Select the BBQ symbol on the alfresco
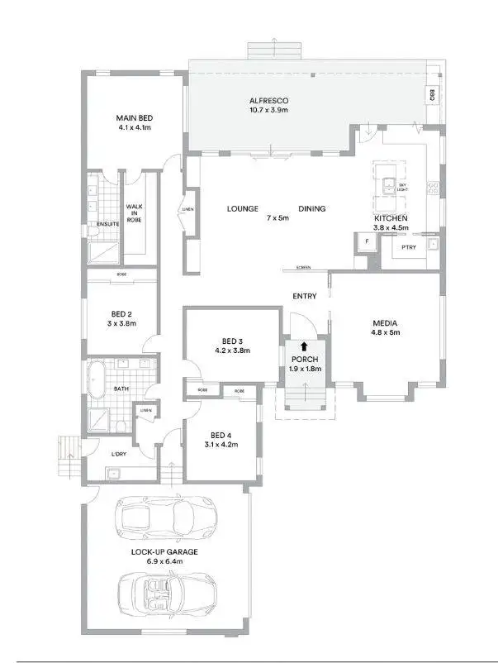pyautogui.click(x=432, y=95)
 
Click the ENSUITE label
pyautogui.click(x=108, y=224)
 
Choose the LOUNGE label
pyautogui.click(x=243, y=209)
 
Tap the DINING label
pyautogui.click(x=311, y=209)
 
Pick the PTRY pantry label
pyautogui.click(x=408, y=247)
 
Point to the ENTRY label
pyautogui.click(x=305, y=296)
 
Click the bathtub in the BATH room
pyautogui.click(x=97, y=379)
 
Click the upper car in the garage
pyautogui.click(x=168, y=516)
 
